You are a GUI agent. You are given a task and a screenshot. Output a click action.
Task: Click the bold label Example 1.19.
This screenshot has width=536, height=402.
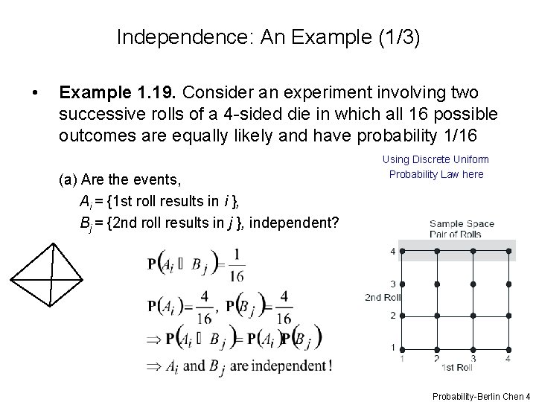[x=118, y=92]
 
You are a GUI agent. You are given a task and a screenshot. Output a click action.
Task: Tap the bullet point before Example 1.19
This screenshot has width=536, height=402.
[x=33, y=93]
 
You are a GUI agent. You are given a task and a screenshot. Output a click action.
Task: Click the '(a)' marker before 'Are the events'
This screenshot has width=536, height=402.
[x=68, y=179]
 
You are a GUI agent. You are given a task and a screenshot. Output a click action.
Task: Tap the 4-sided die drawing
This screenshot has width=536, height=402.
[x=46, y=274]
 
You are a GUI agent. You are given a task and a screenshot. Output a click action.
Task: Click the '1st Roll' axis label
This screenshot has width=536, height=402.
[x=456, y=367]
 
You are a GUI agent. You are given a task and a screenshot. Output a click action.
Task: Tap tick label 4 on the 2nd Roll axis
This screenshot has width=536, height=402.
[x=392, y=252]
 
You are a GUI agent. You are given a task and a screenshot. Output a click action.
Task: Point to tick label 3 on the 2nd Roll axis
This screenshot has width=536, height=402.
[x=392, y=284]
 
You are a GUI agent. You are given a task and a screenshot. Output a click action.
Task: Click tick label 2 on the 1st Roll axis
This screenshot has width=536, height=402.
[x=436, y=358]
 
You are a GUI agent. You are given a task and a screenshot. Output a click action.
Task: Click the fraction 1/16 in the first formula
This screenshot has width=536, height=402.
[x=237, y=264]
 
